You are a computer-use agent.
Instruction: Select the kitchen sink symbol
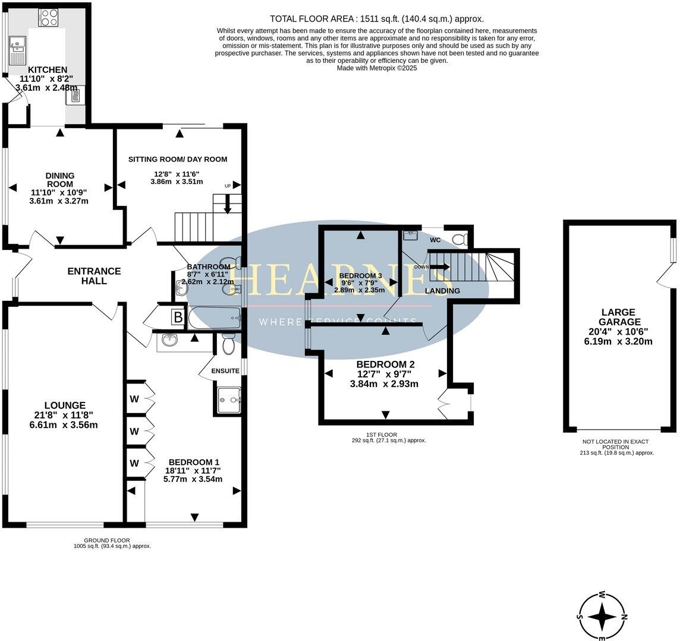tap(17, 50)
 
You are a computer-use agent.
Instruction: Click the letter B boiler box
tap(178, 317)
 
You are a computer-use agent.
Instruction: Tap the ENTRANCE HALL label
tap(94, 276)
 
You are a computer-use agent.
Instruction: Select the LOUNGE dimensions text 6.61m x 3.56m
tap(64, 424)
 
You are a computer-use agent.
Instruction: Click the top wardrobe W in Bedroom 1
tap(134, 399)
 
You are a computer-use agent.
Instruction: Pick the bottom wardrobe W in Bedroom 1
tap(134, 462)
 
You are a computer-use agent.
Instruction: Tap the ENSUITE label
tap(225, 371)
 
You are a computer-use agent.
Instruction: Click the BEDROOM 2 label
tap(385, 364)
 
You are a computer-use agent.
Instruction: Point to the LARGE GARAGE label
tap(618, 316)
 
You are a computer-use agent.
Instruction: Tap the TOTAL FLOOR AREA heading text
tap(376, 18)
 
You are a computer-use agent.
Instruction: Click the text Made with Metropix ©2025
tap(377, 68)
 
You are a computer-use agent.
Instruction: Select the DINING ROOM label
tap(60, 180)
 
